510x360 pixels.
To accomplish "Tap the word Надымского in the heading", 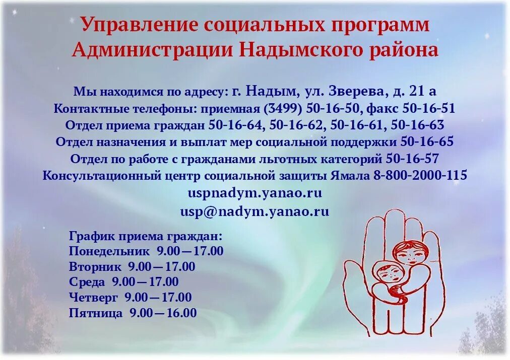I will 304,50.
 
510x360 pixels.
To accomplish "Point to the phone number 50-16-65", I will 427,142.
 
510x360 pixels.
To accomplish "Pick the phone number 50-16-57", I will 412,159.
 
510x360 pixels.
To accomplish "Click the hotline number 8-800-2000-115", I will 420,176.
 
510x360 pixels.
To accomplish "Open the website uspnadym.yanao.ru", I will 254,193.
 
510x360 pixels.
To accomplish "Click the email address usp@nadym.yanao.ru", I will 254,211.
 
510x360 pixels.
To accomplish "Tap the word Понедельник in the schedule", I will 109,251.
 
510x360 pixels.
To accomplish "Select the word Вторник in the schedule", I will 95,267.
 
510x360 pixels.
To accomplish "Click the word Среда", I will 87,282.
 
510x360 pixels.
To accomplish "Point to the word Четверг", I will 94,298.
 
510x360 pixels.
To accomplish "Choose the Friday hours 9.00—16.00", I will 163,313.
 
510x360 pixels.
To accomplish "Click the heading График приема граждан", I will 145,236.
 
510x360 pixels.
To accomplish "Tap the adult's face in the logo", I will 409,253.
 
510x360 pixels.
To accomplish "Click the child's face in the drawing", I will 385,274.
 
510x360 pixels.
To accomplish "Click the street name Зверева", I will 353,91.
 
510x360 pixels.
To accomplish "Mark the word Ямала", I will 350,176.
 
